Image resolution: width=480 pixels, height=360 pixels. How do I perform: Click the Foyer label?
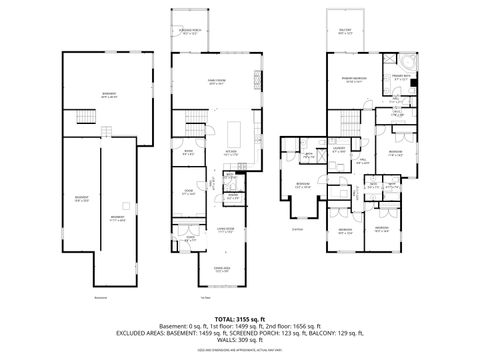(x=190, y=239)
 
